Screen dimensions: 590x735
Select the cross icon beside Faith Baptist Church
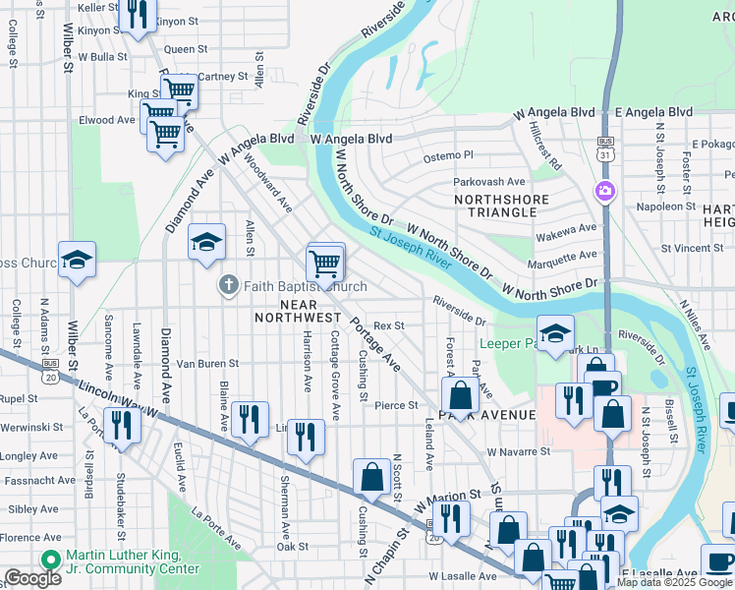228,286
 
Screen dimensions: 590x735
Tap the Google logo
32,578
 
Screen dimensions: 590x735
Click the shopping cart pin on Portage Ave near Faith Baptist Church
325,264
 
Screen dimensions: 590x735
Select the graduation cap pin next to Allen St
206,242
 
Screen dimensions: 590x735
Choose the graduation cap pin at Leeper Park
555,333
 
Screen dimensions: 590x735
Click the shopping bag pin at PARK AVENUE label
460,396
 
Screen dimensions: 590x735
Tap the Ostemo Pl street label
448,155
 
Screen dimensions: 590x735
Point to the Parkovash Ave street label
488,182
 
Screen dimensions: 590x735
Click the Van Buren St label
207,364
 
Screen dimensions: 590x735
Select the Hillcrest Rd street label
543,146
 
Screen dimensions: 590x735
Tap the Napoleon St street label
665,206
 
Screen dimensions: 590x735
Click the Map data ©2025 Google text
674,582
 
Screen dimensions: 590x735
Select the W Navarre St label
518,451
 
